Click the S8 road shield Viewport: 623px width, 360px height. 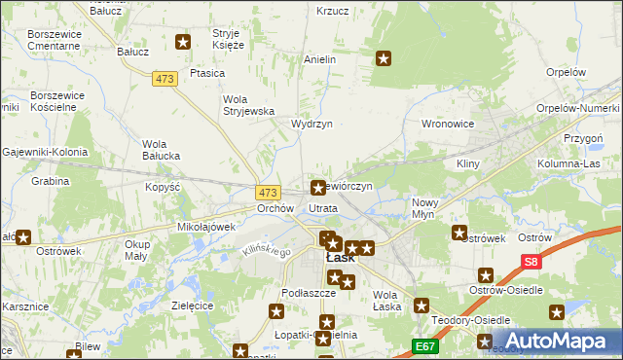tap(531, 262)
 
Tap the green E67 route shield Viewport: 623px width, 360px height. tap(423, 345)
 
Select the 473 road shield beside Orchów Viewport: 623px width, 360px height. tap(269, 193)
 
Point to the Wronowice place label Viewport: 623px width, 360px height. tap(447, 125)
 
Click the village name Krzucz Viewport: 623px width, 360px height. tap(333, 12)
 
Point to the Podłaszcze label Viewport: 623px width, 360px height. tap(308, 293)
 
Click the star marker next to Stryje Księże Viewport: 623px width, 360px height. tap(183, 41)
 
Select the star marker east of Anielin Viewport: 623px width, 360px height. tap(384, 59)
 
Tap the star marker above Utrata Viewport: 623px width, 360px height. tap(318, 187)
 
